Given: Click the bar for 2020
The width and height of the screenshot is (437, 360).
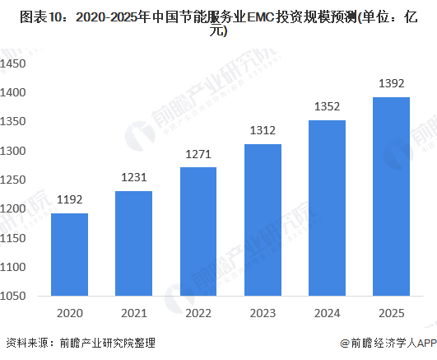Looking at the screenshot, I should coord(69,255).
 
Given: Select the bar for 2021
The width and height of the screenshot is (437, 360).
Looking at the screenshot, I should coord(133,244).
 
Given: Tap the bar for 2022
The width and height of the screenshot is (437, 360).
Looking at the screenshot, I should coord(198,232).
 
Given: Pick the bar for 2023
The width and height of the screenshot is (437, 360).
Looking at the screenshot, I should coord(262,221).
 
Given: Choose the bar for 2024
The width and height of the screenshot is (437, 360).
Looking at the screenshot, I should coord(327,209).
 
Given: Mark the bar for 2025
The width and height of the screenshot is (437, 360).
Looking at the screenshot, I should coord(391,198).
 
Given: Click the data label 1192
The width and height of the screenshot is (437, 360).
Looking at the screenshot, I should coord(69,200).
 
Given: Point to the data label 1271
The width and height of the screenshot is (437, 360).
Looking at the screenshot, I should coord(198,154).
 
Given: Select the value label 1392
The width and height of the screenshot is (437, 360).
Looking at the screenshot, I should coord(391,83).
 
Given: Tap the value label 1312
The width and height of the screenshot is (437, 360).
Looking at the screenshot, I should coord(262,130).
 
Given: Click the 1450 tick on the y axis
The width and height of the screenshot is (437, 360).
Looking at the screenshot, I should coord(16,63).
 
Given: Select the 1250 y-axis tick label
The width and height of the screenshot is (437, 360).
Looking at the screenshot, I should coord(16,181).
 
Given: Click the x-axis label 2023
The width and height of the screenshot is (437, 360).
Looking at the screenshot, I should coord(262,313).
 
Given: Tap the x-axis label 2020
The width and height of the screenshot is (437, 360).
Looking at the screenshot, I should coord(69,313).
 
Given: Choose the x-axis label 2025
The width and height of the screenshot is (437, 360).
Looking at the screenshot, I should coord(391,313).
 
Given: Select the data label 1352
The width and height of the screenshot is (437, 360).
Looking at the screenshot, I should coord(327,107).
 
